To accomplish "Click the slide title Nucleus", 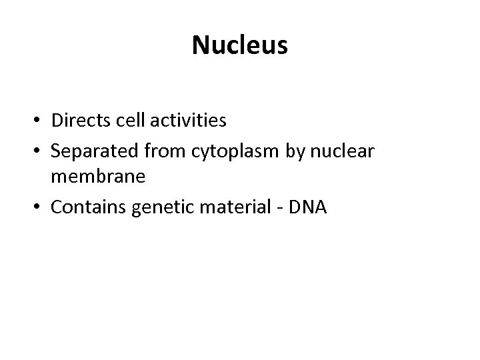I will tap(240, 45).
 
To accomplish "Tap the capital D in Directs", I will tap(56, 121).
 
